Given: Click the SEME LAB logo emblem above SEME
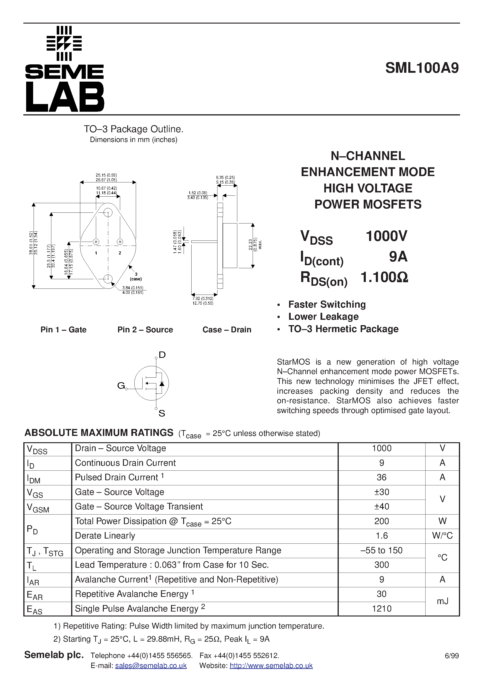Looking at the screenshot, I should tap(64, 43).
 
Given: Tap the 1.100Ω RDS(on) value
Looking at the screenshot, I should tap(384, 277).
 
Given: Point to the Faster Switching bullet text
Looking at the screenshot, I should tap(327, 304).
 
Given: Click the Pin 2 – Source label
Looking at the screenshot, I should tap(145, 330).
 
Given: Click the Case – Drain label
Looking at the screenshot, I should tap(227, 330).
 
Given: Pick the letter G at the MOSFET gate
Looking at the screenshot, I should tap(121, 386).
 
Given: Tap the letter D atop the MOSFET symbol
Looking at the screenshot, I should tap(162, 355).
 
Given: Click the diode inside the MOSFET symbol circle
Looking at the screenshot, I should tap(162, 383).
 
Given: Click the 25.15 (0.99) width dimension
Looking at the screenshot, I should tap(106, 175).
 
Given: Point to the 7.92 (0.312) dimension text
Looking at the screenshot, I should tap(203, 299).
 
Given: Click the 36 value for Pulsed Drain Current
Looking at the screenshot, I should tap(381, 477).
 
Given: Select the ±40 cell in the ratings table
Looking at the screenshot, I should tap(381, 506).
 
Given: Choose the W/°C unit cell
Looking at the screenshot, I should tap(442, 536).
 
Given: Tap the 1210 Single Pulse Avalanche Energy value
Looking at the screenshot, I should tap(381, 609).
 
